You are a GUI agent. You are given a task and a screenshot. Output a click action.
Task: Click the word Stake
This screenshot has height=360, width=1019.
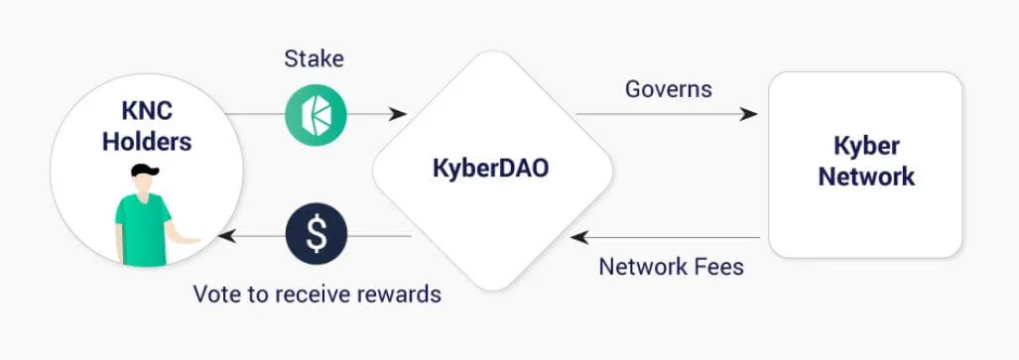314,60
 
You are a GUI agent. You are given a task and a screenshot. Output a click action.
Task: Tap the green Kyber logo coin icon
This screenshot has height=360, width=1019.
316,114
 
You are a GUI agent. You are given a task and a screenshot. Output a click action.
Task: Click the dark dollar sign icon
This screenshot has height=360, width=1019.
316,235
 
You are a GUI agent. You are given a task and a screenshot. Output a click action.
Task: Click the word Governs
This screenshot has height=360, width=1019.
668,89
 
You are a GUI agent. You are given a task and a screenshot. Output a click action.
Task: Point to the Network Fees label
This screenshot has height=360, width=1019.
671,267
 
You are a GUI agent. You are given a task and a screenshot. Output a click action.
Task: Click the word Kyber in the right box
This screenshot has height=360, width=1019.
866,147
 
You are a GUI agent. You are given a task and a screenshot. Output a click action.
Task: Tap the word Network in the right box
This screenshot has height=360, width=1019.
866,178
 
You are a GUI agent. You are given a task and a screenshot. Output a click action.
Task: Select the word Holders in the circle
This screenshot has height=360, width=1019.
146,142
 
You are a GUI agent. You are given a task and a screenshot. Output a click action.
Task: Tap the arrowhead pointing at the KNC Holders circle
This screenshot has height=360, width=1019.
228,236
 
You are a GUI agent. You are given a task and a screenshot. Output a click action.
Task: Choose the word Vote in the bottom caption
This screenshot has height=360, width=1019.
214,295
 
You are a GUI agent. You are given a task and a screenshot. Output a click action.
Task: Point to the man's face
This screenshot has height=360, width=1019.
144,182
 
